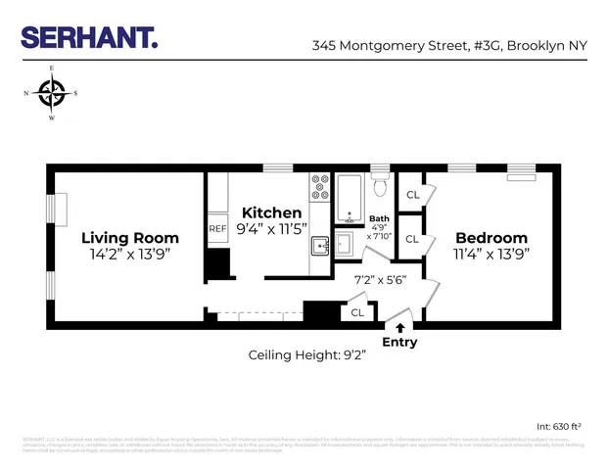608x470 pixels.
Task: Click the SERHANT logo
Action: tap(89, 39)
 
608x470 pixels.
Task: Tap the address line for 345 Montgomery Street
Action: tap(449, 45)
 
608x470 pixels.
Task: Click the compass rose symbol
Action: tap(52, 94)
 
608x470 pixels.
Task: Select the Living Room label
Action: tap(130, 238)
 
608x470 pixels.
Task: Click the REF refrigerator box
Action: tap(217, 229)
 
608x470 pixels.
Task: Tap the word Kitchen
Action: tap(271, 212)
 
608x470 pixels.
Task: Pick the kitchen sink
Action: tap(320, 246)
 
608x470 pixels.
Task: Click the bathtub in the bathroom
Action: tap(351, 199)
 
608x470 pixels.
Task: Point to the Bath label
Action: tap(379, 218)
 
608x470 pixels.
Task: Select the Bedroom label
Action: tap(491, 238)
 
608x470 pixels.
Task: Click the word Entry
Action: tap(399, 342)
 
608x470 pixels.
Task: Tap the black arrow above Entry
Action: tap(399, 327)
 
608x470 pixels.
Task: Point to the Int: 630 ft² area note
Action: tap(559, 426)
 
